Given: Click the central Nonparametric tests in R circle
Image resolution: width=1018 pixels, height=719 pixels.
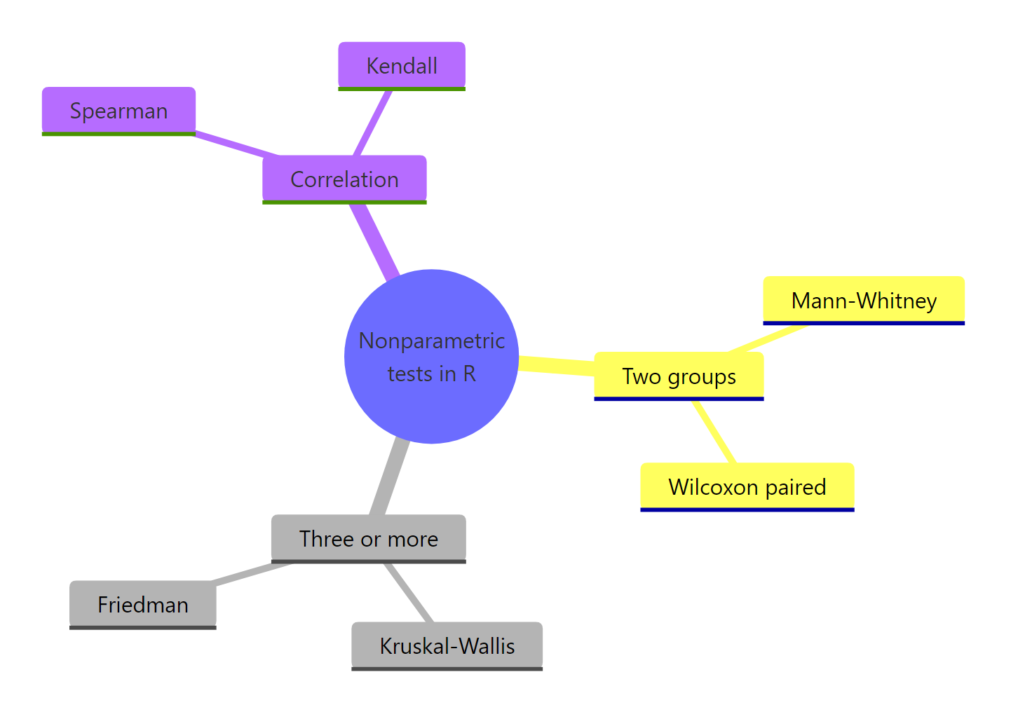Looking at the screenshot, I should (431, 356).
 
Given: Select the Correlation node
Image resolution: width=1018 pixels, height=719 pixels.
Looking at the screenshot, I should (344, 179).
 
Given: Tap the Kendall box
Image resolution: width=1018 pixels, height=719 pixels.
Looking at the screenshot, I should (402, 66).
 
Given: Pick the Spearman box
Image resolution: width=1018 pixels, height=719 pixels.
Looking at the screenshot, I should (118, 111).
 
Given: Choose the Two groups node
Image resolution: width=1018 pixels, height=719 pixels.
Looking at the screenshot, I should (679, 376).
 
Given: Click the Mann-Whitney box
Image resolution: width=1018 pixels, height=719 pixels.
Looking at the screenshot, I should (864, 301).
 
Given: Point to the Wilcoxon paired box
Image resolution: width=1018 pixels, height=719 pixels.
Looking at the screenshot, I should (747, 487).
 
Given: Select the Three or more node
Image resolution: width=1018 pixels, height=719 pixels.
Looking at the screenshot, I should (369, 539).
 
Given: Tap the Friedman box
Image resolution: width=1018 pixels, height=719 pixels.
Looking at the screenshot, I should (143, 605).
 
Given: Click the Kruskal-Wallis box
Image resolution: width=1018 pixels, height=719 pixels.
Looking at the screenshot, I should (447, 646).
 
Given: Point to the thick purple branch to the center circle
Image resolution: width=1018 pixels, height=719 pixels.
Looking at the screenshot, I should (375, 238).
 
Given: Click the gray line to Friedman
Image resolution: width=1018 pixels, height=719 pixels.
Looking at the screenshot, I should (249, 573).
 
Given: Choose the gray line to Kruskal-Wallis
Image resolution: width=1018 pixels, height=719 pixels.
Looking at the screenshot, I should (409, 593).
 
